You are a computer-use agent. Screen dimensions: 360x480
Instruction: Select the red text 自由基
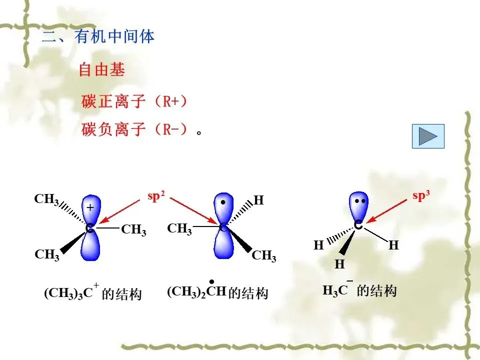[101, 70]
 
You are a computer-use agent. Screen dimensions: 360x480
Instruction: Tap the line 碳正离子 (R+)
[134, 101]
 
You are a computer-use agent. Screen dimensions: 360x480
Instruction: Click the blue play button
[427, 136]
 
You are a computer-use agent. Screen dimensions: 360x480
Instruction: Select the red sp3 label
[421, 196]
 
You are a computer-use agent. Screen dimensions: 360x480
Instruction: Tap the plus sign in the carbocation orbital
[90, 207]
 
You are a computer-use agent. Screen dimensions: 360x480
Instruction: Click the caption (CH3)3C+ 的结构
[93, 293]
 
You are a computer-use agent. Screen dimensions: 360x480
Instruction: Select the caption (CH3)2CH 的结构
[217, 292]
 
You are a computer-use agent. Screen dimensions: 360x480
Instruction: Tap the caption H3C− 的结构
[359, 290]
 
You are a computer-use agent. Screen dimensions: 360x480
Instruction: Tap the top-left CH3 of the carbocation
[46, 199]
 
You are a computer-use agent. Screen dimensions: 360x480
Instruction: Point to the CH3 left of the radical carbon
[179, 229]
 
